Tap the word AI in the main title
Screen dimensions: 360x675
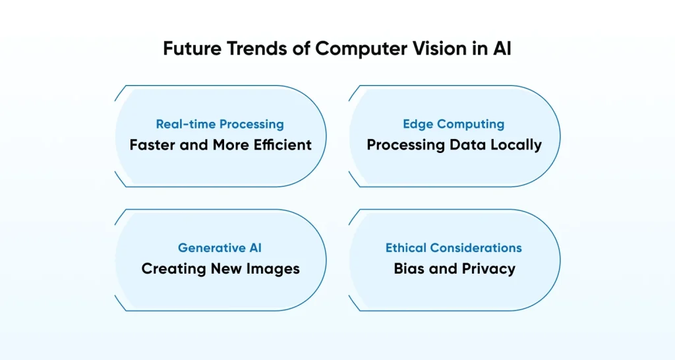502,49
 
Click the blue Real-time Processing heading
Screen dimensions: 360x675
220,124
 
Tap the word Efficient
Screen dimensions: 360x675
281,144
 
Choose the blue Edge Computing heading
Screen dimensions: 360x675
454,124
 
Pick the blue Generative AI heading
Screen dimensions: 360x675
220,248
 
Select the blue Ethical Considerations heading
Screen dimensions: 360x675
454,248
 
